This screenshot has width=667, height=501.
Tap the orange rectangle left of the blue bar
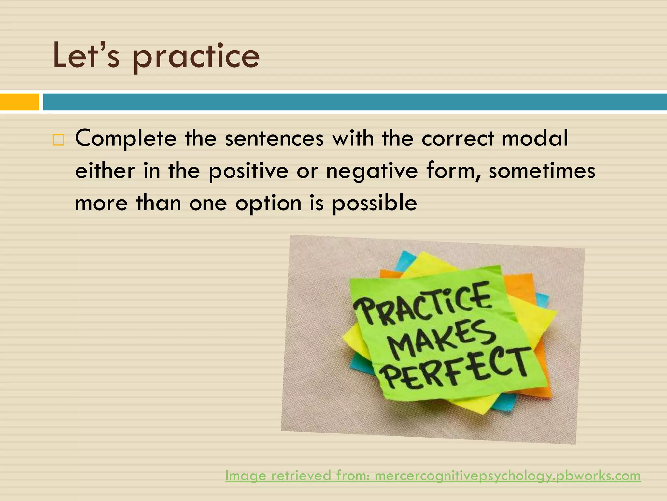[x=19, y=102]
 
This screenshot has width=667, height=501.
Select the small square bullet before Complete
[x=58, y=140]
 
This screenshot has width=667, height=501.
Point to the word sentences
[x=274, y=138]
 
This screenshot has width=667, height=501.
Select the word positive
[x=248, y=171]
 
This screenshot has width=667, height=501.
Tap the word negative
[x=372, y=171]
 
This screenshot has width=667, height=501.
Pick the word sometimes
[x=542, y=171]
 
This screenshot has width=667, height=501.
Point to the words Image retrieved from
[x=298, y=476]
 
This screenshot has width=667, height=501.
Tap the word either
[x=105, y=171]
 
